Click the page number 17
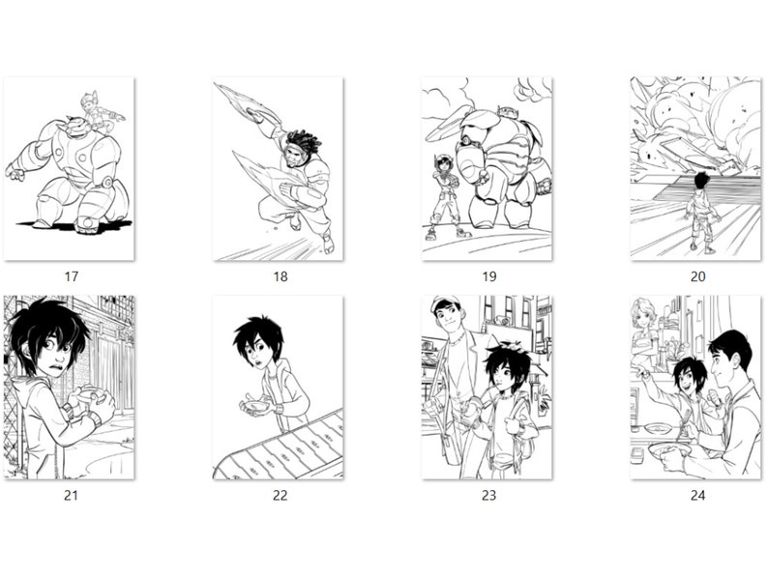[71, 276]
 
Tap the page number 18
[280, 276]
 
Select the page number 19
[488, 276]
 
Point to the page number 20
[697, 276]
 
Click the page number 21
[71, 495]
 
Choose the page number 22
[280, 495]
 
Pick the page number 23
[488, 495]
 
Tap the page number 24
[697, 495]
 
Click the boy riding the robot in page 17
[97, 110]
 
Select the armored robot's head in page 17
[73, 124]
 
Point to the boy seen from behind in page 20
[702, 208]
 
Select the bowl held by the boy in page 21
[87, 396]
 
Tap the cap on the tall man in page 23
[445, 303]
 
